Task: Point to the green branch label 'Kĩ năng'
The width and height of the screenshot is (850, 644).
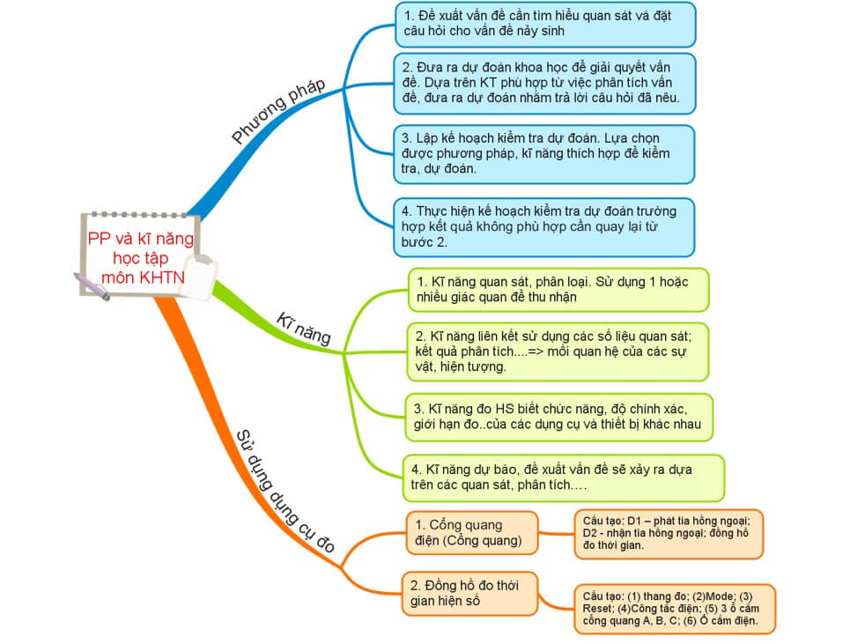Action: coord(304,328)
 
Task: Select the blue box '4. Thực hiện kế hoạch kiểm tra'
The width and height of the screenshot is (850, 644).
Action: coord(544,226)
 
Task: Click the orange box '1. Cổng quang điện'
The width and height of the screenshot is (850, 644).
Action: coord(471,532)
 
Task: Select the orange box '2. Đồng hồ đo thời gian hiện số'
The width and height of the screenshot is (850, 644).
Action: coord(471,593)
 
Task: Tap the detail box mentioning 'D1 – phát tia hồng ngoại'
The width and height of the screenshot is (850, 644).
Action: coord(668,533)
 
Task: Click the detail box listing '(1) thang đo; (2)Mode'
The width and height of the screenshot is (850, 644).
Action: coord(673,609)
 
